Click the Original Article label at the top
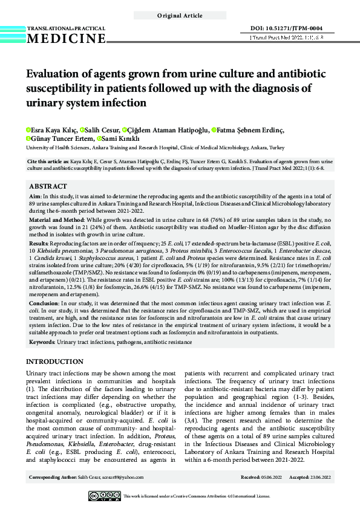[x=180, y=15]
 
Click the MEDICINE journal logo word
[x=66, y=39]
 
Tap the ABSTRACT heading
[x=48, y=186]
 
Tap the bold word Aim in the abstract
[x=35, y=197]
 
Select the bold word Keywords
[x=42, y=343]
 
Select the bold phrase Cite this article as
[x=49, y=163]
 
